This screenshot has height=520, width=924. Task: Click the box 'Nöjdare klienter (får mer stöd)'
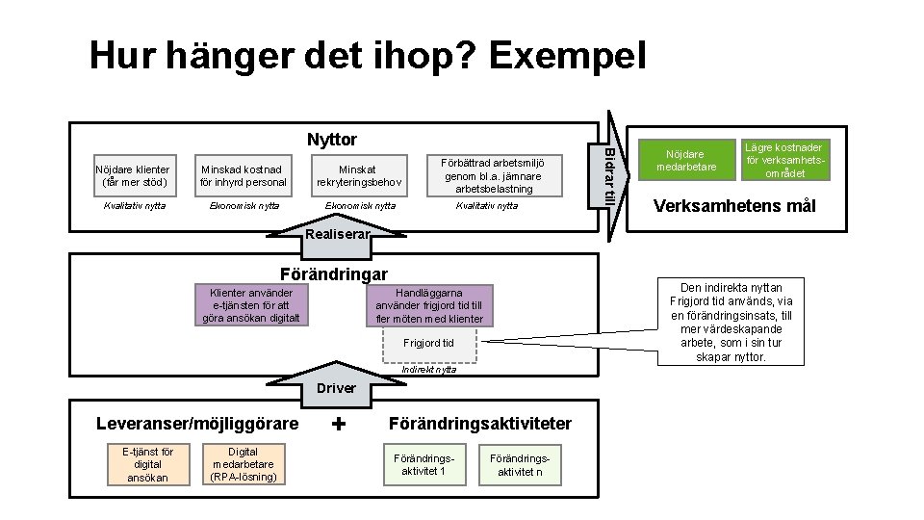(134, 175)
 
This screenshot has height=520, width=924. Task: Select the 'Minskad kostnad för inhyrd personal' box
(244, 175)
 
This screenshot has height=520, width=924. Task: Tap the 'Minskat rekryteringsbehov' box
(358, 175)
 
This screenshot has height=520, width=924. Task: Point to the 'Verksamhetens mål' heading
(734, 207)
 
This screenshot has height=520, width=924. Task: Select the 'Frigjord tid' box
(428, 343)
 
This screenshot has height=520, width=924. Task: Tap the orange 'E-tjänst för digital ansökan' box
(141, 464)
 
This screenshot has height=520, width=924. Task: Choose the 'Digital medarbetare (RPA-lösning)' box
(243, 464)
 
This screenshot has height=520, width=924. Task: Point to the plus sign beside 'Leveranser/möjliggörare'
(339, 424)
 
